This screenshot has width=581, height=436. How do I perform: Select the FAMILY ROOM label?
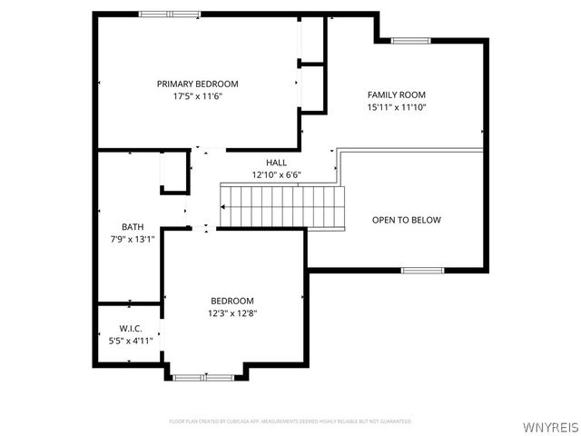point(396,94)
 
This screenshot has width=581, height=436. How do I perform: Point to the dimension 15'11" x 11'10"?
point(396,107)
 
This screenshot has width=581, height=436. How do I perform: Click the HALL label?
point(276,162)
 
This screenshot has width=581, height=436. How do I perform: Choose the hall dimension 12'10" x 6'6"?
point(276,174)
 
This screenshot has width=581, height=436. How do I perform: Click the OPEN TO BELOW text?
point(407,220)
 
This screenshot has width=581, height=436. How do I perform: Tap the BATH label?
point(133,227)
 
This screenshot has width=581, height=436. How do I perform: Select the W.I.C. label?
point(131,328)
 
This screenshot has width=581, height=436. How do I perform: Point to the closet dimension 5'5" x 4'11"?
point(131,340)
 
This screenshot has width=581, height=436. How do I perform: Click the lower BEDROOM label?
point(232,301)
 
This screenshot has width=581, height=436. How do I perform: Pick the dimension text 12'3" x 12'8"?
point(232,313)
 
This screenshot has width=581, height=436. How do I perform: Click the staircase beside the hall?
point(284,207)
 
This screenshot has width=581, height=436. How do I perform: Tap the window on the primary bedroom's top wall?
point(169,14)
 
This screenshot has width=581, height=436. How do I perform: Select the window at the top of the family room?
point(410,40)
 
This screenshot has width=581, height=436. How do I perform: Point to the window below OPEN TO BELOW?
point(422,270)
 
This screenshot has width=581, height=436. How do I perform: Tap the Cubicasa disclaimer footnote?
point(290,421)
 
